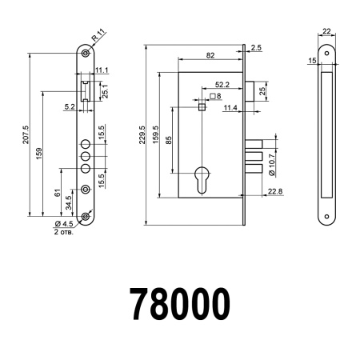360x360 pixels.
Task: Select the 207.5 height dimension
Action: pos(26,132)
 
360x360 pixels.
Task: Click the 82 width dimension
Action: pos(210,55)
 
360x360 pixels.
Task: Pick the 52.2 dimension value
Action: pos(222,83)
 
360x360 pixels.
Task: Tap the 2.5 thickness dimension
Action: pos(255,49)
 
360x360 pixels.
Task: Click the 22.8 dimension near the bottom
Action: pos(274,190)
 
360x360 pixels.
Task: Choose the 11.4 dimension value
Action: pos(230,108)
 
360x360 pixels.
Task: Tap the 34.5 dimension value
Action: pos(69,199)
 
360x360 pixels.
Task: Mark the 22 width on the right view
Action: pos(326,33)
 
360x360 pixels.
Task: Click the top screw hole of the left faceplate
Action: pos(85,54)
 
